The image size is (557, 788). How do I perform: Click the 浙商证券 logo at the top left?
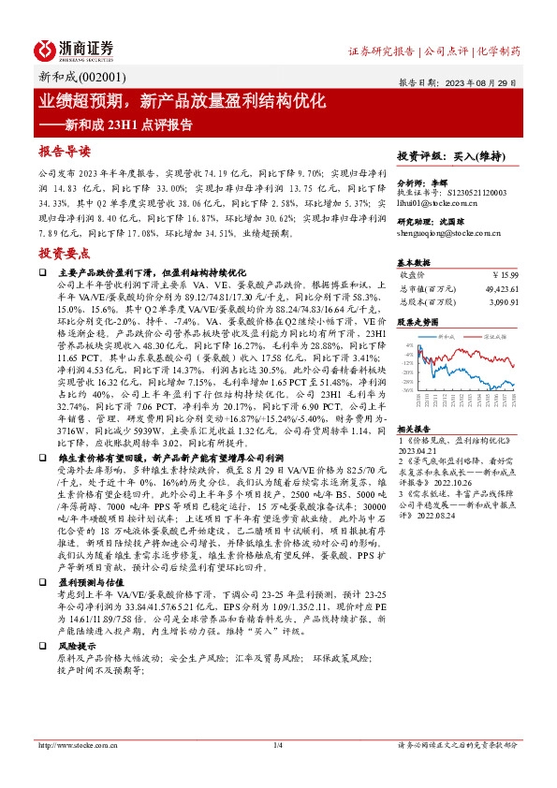pyautogui.click(x=74, y=49)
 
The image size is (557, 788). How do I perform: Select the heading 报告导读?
pyautogui.click(x=65, y=151)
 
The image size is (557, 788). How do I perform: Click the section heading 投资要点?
pyautogui.click(x=65, y=254)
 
